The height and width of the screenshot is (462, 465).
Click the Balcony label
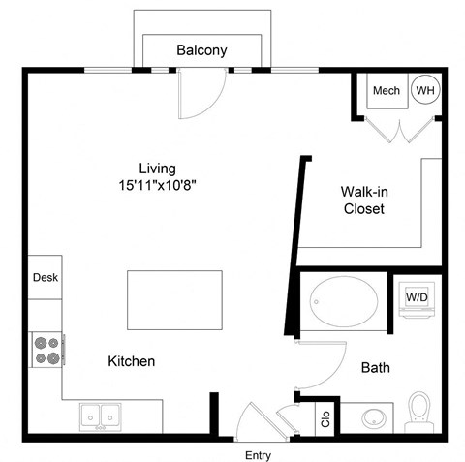point(202,50)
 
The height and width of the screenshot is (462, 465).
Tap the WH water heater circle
point(424,91)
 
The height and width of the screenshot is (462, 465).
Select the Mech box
point(387,91)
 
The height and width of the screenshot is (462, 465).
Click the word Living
point(159,168)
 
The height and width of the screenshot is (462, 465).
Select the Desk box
point(46,277)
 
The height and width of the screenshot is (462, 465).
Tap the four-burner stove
point(46,350)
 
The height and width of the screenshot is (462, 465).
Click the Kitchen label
point(131,361)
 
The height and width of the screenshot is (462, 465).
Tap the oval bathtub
point(346,305)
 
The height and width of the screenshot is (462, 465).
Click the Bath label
point(375,368)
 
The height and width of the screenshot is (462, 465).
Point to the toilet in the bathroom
point(419,410)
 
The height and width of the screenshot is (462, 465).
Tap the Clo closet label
point(326,418)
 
